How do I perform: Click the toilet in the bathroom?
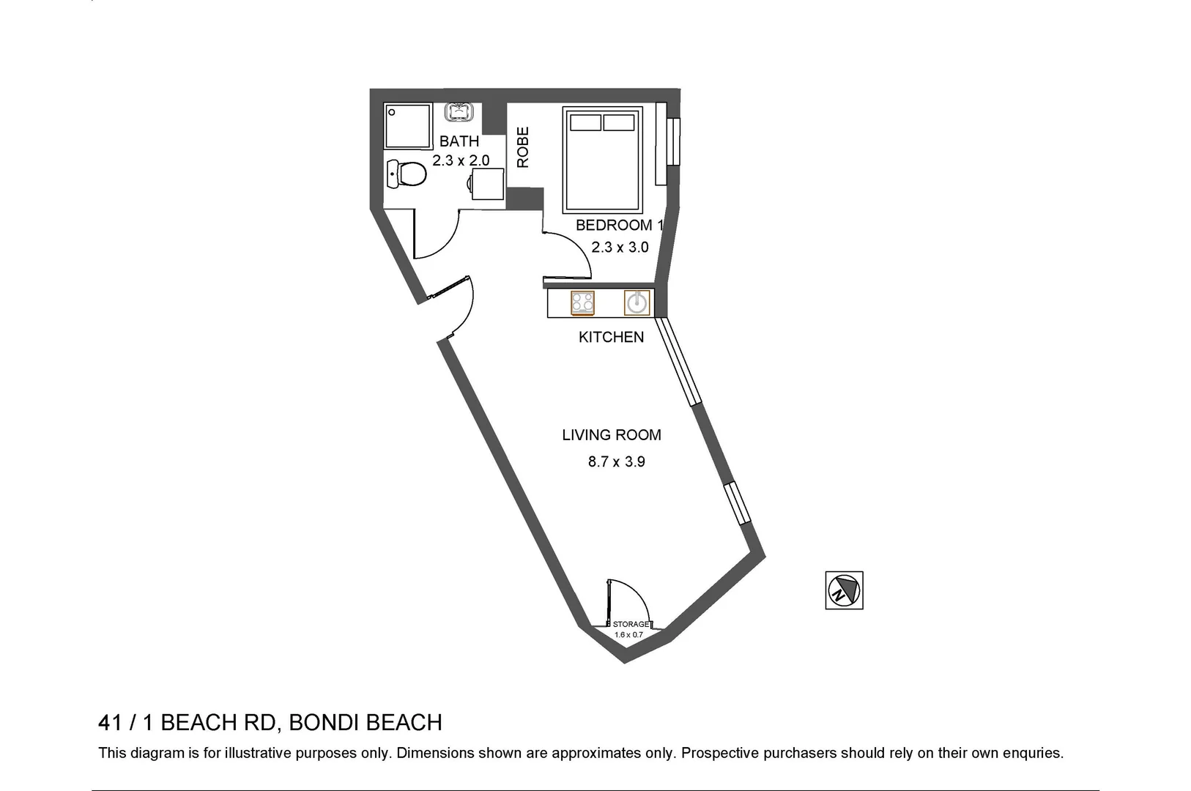pos(407,174)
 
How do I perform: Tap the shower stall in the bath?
pos(408,125)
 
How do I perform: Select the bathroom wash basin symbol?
pos(461,112)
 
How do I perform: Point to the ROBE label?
pos(523,147)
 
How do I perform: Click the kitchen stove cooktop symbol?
pos(582,302)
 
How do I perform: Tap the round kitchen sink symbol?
pos(637,302)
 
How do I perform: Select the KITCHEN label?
pos(611,337)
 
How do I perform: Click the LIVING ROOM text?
pos(611,435)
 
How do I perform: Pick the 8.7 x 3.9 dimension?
pos(616,462)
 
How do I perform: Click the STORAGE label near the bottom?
pos(630,624)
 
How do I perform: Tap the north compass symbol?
pos(844,590)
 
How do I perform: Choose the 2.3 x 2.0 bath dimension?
pos(460,160)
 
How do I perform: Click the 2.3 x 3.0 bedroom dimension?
pos(620,248)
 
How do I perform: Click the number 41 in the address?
pos(110,723)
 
